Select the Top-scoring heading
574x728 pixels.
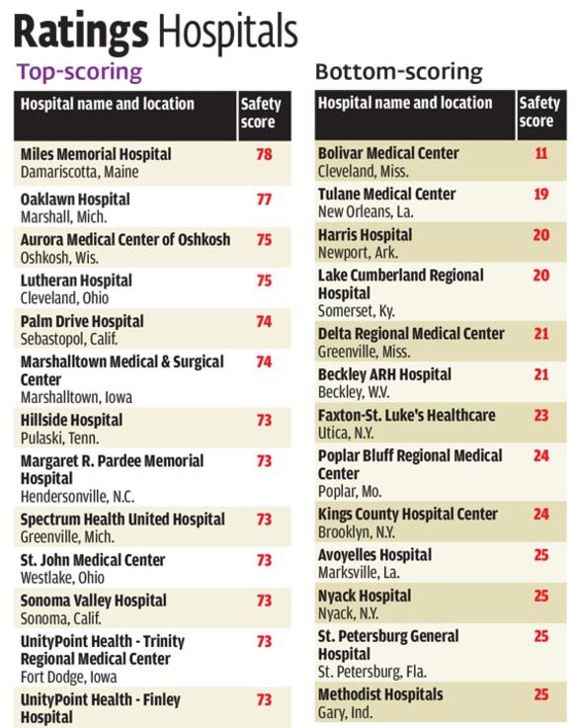pos(79,72)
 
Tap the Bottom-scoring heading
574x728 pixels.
pos(399,71)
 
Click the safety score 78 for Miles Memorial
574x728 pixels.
pos(264,154)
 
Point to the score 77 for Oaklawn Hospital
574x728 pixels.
pos(264,200)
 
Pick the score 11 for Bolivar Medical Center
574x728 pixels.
pos(541,153)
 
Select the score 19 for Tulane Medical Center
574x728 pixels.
pos(541,194)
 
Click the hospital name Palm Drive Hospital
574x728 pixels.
pos(82,321)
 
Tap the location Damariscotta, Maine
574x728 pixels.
pos(79,172)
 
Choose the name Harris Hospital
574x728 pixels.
pos(365,235)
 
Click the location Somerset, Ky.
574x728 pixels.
pos(357,310)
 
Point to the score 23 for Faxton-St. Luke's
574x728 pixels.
pos(541,415)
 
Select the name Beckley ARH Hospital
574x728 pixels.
pos(384,374)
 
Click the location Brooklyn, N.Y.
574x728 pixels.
pos(357,532)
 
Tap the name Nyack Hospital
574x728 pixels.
pos(365,596)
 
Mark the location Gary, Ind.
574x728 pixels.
pos(345,712)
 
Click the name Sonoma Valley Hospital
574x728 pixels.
pos(93,601)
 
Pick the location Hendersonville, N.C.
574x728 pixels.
pos(78,497)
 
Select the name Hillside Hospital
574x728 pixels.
pos(71,420)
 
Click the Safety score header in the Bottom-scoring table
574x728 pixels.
pos(539,112)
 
